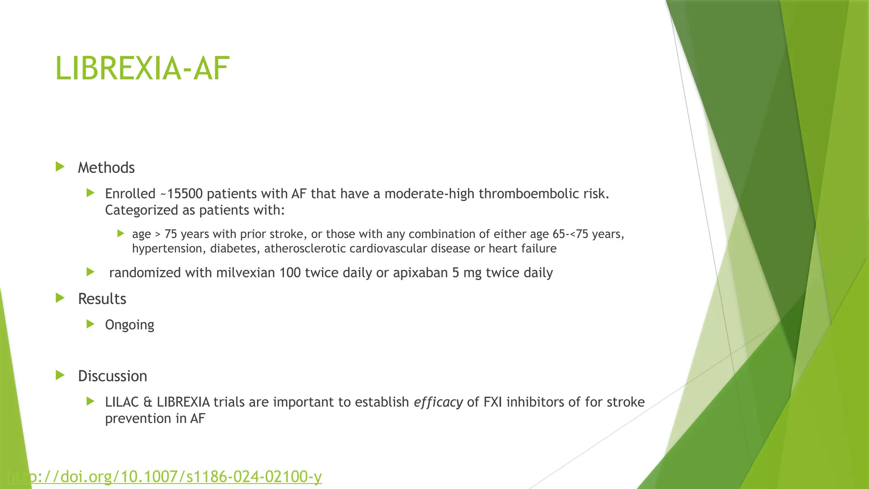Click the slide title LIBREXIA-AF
pyautogui.click(x=142, y=68)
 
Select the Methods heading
pyautogui.click(x=106, y=168)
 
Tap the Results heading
pyautogui.click(x=102, y=299)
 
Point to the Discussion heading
pyautogui.click(x=112, y=376)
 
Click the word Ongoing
pyautogui.click(x=129, y=325)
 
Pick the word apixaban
pyautogui.click(x=420, y=273)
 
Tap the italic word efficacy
pyautogui.click(x=438, y=402)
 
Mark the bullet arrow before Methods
pyautogui.click(x=60, y=167)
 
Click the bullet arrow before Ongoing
pyautogui.click(x=90, y=324)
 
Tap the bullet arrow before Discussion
pyautogui.click(x=60, y=375)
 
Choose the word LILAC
pyautogui.click(x=122, y=402)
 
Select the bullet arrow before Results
pyautogui.click(x=60, y=298)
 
